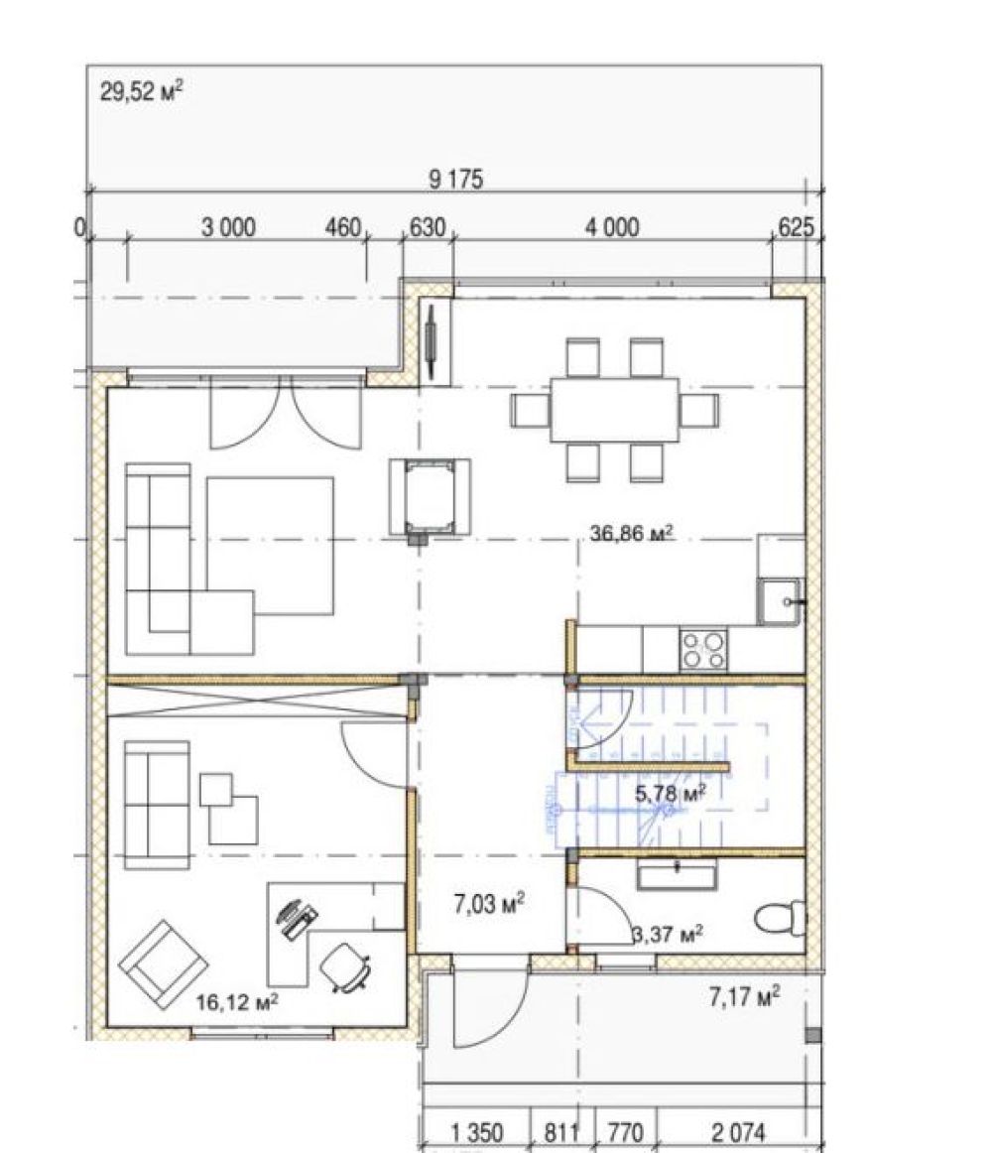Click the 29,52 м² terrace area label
[x=141, y=92]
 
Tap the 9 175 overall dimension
[x=456, y=180]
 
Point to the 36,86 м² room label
[x=632, y=533]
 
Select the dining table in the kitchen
[x=615, y=410]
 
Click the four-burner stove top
[x=703, y=649]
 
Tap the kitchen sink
[x=781, y=601]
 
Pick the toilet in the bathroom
[x=781, y=919]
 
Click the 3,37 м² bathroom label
[x=668, y=934]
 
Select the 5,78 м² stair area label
[x=670, y=794]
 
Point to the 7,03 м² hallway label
[x=489, y=904]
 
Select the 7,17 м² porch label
[x=744, y=997]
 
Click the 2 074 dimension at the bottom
[x=738, y=1132]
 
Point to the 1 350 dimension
[x=476, y=1132]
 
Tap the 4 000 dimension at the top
[x=612, y=228]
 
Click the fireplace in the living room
[x=431, y=498]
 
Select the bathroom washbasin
[x=677, y=876]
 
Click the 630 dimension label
[x=428, y=228]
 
